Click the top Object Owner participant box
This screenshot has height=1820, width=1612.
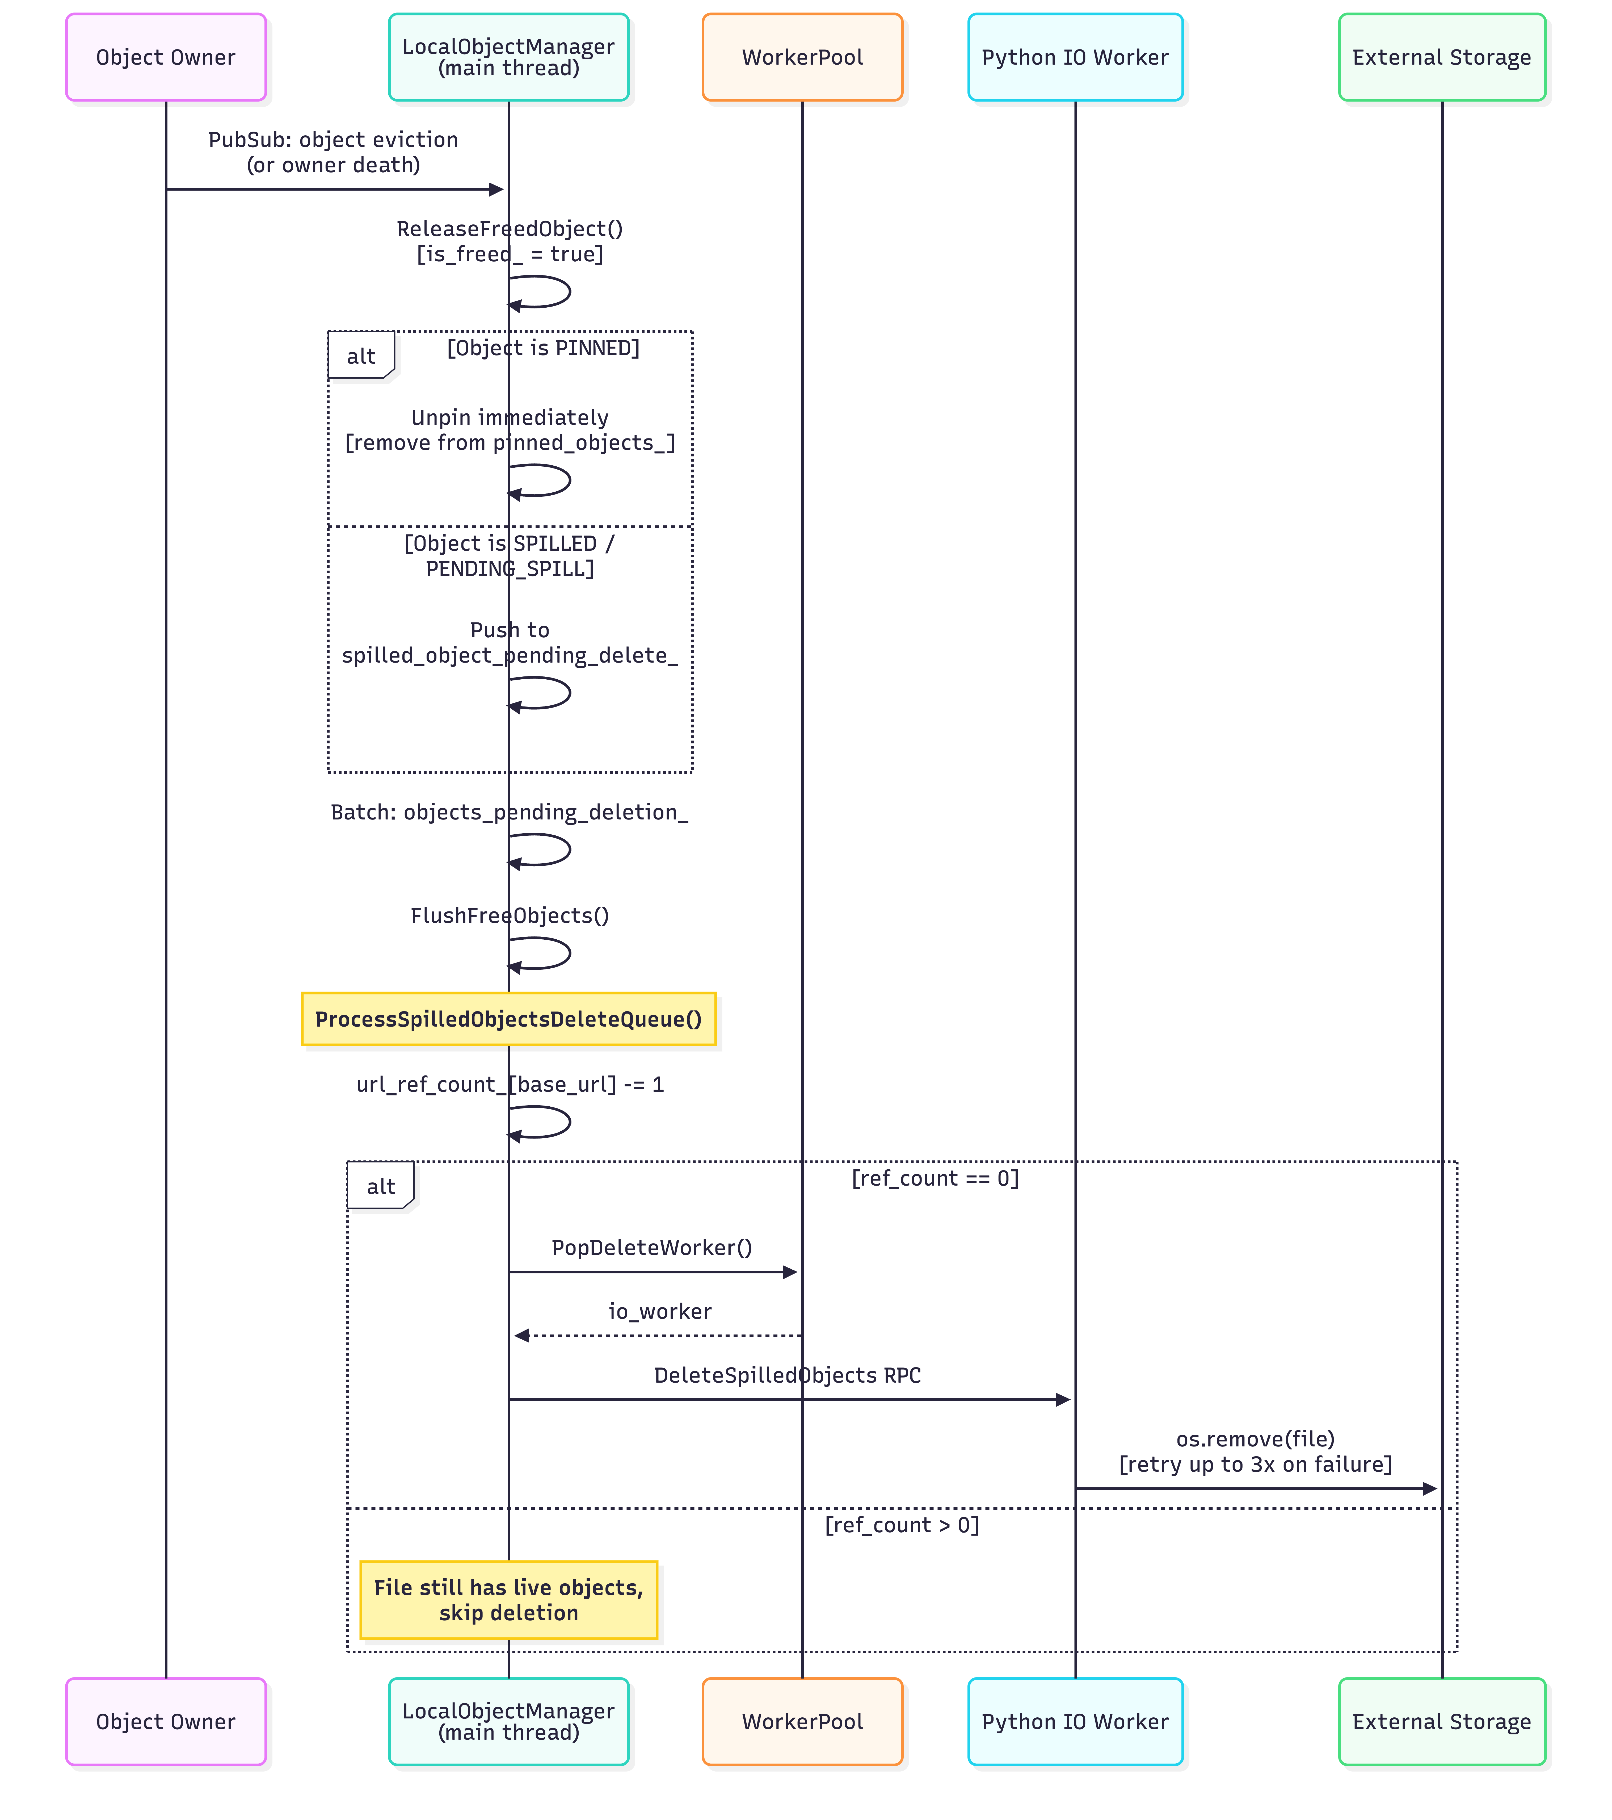166,57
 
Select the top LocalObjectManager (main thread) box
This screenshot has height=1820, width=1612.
508,57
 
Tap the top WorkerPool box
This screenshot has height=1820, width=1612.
802,57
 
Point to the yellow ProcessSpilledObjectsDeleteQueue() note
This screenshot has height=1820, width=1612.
508,1019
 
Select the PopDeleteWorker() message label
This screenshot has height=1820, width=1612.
651,1248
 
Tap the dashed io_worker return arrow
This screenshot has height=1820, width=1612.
659,1336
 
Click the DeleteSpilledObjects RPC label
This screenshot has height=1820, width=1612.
787,1375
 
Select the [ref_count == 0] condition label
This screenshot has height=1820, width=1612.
935,1178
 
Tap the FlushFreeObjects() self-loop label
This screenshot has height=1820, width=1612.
509,915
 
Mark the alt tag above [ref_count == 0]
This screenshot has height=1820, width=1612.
380,1186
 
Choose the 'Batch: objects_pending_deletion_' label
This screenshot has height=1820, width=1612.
509,812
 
